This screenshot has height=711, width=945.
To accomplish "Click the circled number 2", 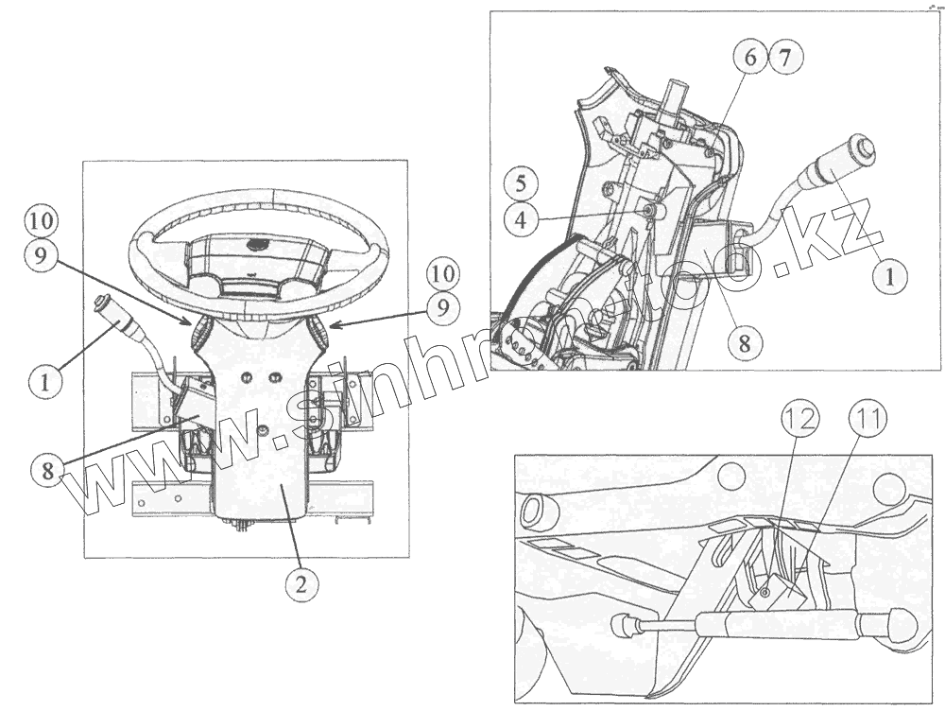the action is [x=301, y=583].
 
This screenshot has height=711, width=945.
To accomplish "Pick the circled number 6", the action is [x=749, y=57].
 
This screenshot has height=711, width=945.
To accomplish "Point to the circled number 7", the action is [x=785, y=57].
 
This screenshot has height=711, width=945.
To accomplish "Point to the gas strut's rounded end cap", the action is [x=902, y=623].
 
